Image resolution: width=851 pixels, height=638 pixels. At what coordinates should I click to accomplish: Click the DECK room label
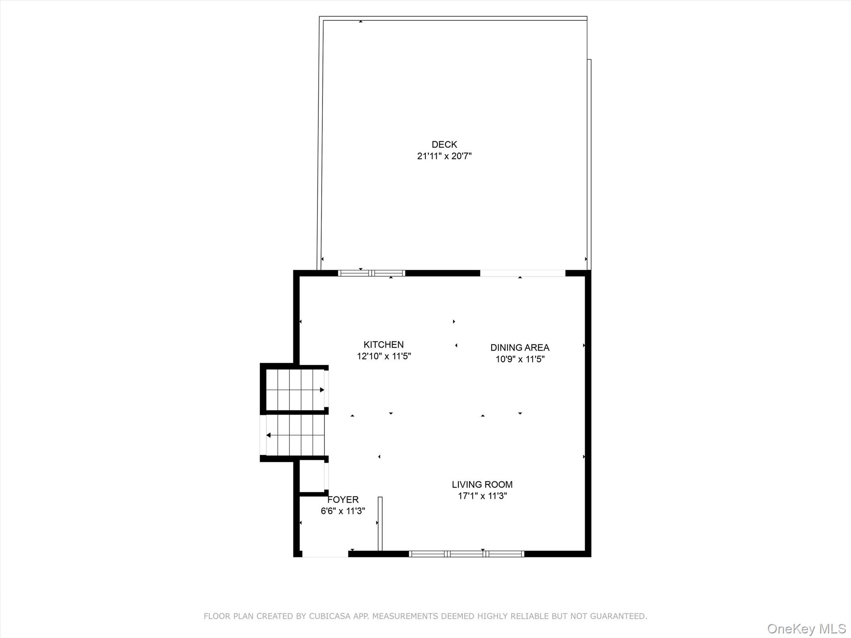[x=444, y=145]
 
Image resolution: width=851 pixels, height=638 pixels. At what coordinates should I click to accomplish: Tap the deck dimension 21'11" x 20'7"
[x=444, y=156]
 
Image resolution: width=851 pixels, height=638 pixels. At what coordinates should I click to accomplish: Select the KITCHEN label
[x=384, y=344]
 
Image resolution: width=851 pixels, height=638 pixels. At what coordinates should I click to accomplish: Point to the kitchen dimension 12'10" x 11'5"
[x=384, y=356]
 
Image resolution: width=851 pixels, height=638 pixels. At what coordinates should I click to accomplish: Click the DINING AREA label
[x=520, y=347]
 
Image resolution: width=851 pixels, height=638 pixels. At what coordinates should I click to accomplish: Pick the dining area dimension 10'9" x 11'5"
[x=520, y=359]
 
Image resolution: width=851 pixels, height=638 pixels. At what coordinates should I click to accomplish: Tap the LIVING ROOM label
[x=482, y=484]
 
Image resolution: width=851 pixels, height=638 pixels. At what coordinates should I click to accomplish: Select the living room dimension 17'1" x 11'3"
[x=482, y=496]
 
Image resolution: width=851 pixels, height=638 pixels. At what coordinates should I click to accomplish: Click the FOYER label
[x=343, y=500]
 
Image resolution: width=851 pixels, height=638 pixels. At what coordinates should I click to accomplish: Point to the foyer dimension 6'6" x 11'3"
[x=343, y=511]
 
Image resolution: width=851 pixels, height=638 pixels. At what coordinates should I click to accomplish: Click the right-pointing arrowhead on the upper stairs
[x=322, y=390]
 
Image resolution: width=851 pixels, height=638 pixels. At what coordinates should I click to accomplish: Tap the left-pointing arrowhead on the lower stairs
[x=268, y=435]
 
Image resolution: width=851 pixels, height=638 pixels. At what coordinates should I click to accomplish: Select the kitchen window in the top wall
[x=371, y=273]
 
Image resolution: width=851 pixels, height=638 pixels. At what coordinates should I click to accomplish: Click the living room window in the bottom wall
[x=467, y=554]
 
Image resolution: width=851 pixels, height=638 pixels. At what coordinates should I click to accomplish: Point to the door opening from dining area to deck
[x=523, y=273]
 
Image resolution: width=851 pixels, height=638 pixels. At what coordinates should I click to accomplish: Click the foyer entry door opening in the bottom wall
[x=325, y=554]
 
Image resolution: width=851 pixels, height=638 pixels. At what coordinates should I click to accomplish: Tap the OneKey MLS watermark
[x=807, y=629]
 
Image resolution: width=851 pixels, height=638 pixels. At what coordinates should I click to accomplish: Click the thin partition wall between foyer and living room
[x=380, y=524]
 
